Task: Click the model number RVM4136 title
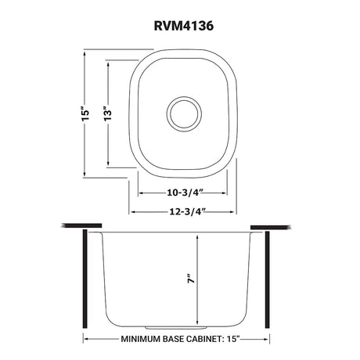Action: (184, 26)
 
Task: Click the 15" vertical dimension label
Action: (85, 113)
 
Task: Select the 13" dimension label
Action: (107, 113)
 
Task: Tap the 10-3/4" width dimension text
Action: (185, 193)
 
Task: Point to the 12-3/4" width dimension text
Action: (187, 211)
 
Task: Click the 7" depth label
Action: (192, 279)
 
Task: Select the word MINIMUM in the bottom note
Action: (140, 339)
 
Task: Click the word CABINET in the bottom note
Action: (205, 339)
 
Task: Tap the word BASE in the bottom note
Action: (173, 339)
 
